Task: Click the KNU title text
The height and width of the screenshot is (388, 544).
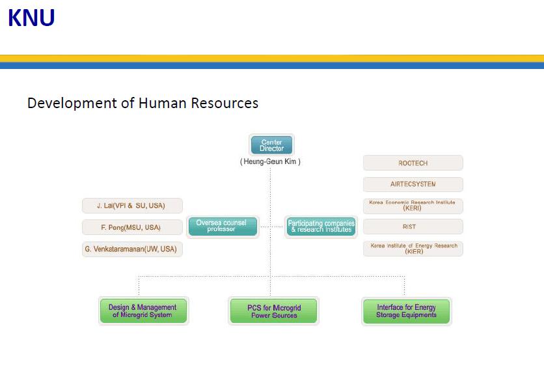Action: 31,18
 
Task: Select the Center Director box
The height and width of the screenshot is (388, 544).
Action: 271,145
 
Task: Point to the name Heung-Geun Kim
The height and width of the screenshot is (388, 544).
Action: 271,161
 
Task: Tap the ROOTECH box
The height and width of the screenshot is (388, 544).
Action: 413,163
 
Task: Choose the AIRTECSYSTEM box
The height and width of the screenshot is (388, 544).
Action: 413,184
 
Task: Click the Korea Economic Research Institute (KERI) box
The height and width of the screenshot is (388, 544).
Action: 413,206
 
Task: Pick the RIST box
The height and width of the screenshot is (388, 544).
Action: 413,227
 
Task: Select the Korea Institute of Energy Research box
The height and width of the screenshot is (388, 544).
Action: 413,249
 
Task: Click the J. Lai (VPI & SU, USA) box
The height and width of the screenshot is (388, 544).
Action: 132,206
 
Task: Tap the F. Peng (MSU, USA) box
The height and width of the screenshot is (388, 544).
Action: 132,227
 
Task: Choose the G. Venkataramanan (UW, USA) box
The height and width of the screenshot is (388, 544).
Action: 132,249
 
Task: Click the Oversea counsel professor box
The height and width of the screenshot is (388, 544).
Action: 222,226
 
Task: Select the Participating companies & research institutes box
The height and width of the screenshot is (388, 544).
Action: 321,226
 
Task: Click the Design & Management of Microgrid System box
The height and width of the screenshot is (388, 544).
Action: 143,311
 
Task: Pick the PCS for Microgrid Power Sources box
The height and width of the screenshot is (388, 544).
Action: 273,311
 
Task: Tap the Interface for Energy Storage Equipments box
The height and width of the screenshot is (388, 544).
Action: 406,311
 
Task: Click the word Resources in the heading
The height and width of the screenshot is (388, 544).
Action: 224,103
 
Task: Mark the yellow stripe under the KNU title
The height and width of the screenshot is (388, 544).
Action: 272,58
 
